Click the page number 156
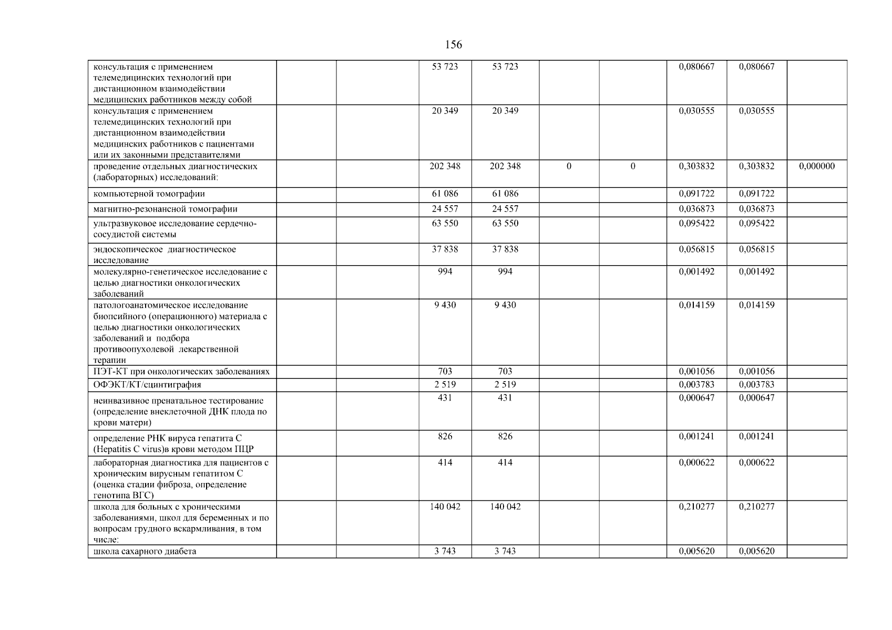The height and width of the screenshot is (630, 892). [x=453, y=45]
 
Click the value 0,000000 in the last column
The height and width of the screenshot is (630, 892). [x=816, y=166]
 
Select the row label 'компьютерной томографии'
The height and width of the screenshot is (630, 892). [x=149, y=194]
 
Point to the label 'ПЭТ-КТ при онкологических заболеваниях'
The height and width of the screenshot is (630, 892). [x=181, y=372]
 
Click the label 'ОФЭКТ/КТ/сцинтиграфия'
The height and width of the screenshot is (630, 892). [x=147, y=385]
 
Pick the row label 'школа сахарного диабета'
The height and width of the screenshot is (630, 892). [x=145, y=551]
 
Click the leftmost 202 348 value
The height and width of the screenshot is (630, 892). [x=445, y=166]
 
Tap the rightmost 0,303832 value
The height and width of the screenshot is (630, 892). [x=756, y=166]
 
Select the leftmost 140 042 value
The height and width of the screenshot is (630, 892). [x=445, y=507]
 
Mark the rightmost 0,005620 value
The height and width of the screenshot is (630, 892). [x=756, y=551]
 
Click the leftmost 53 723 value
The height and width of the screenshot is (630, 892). [x=445, y=67]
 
